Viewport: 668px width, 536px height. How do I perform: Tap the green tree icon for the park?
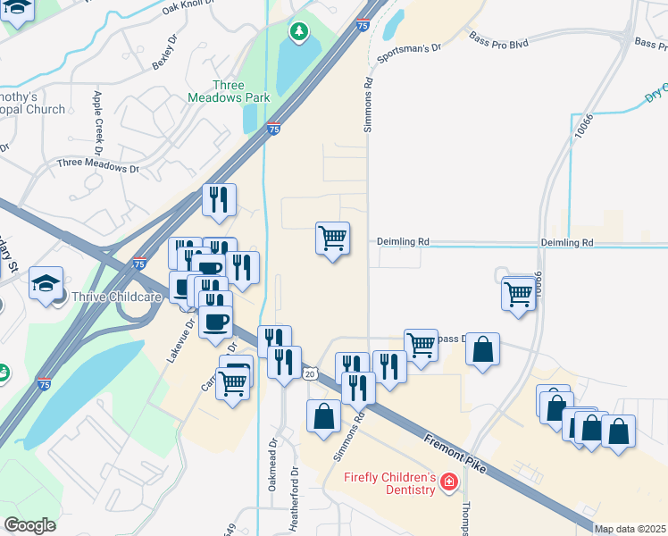click(x=299, y=33)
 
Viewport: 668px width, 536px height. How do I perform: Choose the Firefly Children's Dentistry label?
click(x=390, y=483)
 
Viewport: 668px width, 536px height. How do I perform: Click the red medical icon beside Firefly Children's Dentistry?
click(x=448, y=483)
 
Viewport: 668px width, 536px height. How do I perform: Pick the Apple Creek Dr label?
click(x=97, y=117)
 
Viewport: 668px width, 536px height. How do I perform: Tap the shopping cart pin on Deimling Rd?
click(x=332, y=239)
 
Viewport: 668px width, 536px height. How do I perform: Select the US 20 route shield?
click(x=310, y=373)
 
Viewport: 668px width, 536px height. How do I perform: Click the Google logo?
click(x=29, y=525)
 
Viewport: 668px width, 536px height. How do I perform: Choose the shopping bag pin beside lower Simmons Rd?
click(x=323, y=416)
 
